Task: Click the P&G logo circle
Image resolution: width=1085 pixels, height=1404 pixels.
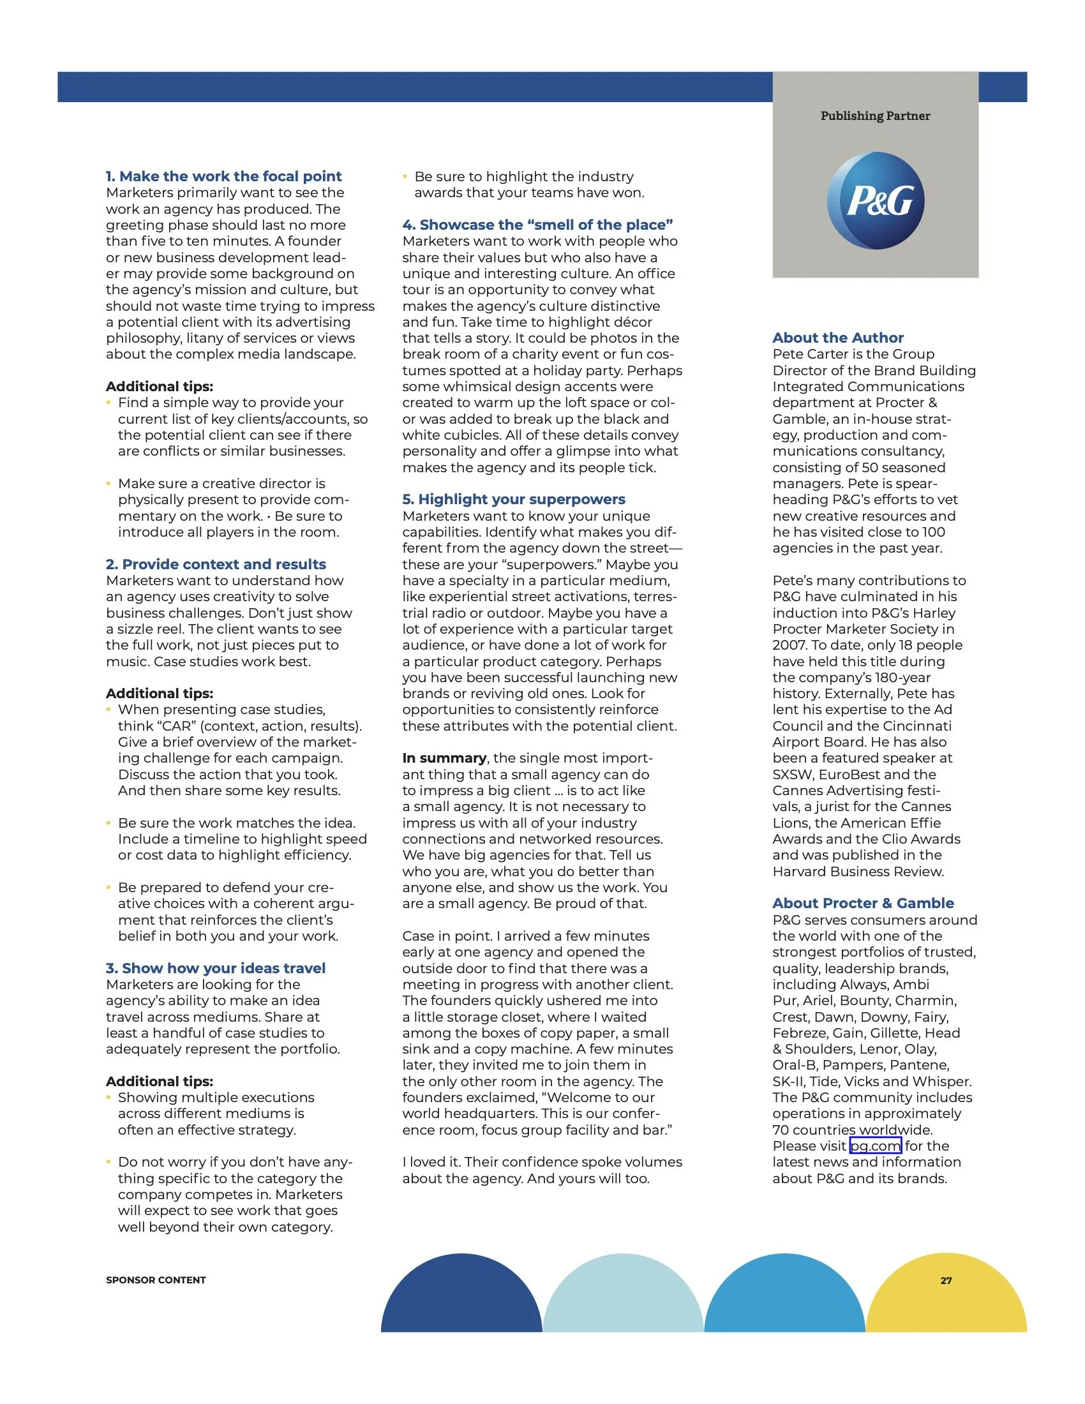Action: click(x=875, y=200)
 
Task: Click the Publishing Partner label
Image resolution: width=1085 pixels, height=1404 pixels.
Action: click(x=875, y=116)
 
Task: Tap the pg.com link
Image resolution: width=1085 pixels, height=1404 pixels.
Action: click(x=875, y=1146)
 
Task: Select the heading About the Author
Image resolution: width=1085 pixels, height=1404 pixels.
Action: click(x=837, y=338)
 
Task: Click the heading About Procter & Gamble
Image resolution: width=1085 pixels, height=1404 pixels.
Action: click(x=863, y=902)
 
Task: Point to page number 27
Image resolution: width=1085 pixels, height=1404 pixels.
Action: click(x=945, y=1280)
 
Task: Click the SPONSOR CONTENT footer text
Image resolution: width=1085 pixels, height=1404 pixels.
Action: click(x=156, y=1280)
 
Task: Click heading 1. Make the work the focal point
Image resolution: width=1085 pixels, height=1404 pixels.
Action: click(x=223, y=176)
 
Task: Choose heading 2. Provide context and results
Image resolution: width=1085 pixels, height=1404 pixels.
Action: click(x=215, y=564)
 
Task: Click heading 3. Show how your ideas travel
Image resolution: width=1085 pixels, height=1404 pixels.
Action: click(x=215, y=968)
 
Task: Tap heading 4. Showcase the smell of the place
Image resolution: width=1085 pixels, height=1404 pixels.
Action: click(x=537, y=225)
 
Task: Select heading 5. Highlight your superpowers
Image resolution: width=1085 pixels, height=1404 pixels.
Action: click(x=514, y=499)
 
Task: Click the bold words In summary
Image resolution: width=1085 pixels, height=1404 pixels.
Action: click(x=444, y=758)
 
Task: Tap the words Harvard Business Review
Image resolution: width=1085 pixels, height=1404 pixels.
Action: click(x=857, y=871)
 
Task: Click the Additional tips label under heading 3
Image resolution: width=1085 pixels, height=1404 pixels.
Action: click(x=160, y=1081)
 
